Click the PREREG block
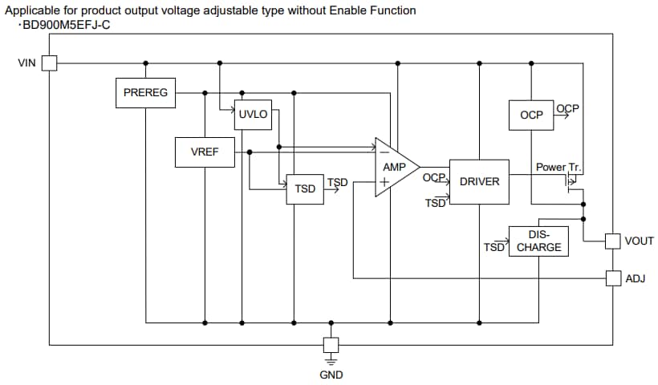point(145,93)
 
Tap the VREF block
point(205,152)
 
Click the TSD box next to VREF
point(305,188)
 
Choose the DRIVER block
point(479,181)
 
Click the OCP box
point(531,115)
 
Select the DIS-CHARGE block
point(538,241)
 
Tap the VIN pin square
point(49,63)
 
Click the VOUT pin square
point(613,241)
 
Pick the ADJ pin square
point(613,278)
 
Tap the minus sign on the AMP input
point(384,152)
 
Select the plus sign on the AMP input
point(384,182)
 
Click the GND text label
point(331,375)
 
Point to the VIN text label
point(26,63)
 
